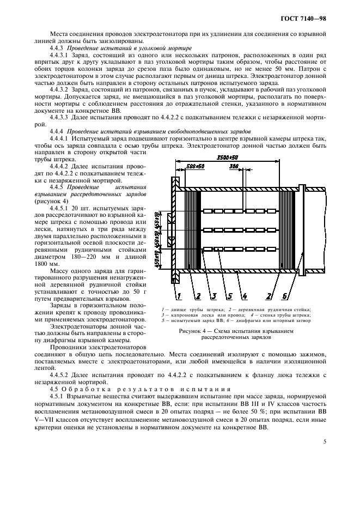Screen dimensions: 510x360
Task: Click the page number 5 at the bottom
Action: [324, 441]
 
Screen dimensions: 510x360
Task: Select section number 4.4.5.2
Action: [60, 375]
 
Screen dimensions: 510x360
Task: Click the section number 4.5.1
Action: [58, 397]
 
